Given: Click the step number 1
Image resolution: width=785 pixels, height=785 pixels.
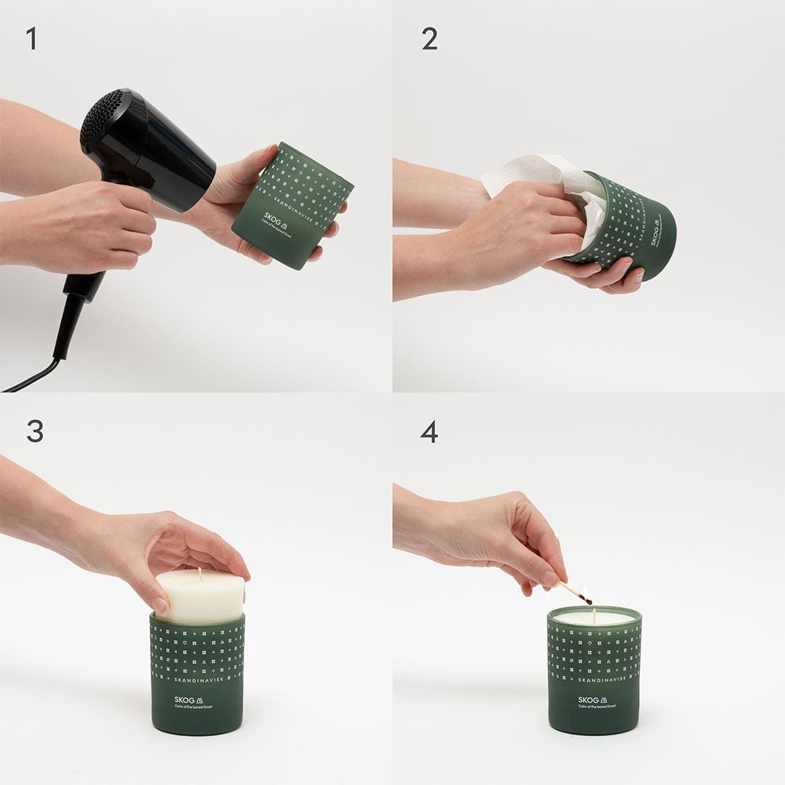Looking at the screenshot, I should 31,38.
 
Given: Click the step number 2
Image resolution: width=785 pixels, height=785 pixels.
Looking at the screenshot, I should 429,38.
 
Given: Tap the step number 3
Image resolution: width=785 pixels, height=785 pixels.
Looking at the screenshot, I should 35,431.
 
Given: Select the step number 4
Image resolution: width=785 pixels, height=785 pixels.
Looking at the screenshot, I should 429,431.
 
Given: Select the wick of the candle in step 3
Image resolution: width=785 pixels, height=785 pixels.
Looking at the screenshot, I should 199,574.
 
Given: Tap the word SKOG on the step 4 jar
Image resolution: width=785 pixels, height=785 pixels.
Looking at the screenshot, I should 589,699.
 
